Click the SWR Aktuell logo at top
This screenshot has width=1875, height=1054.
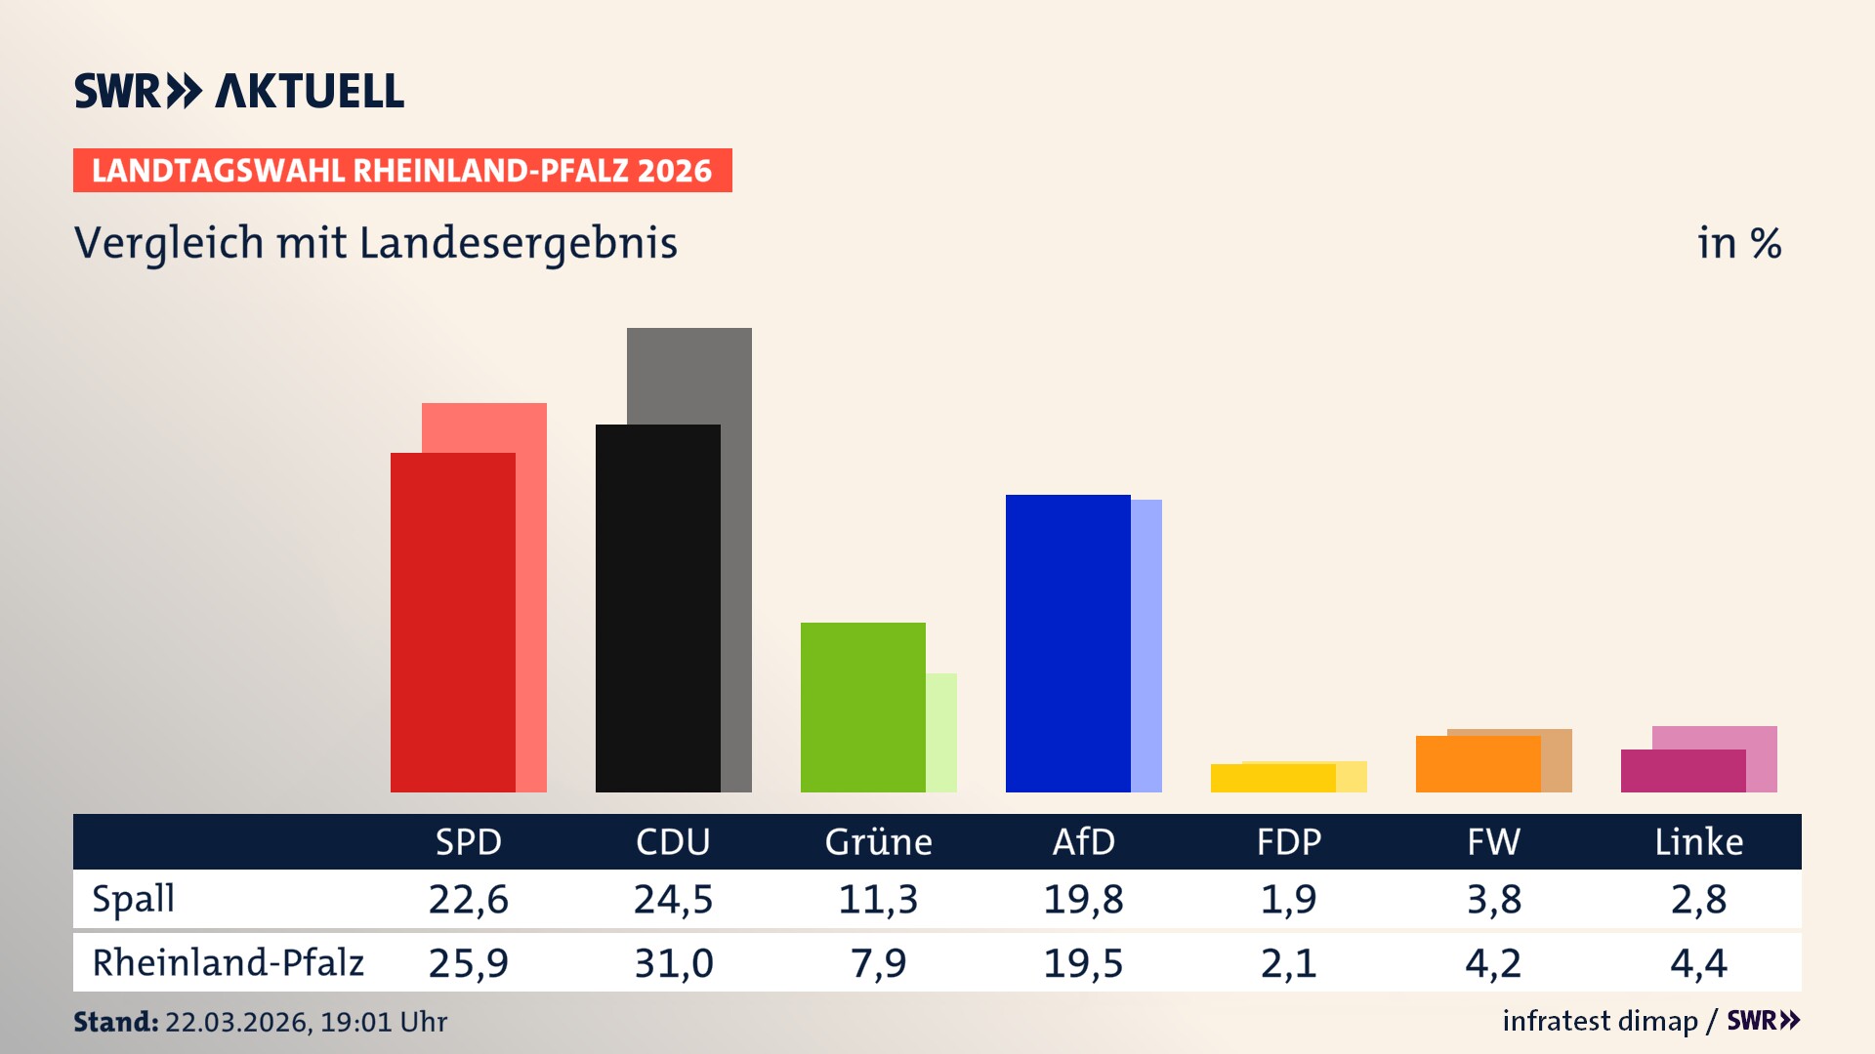239,91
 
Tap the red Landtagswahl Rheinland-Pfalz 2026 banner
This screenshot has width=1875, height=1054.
402,171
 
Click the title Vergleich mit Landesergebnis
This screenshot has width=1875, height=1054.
375,243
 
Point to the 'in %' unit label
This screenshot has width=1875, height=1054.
1738,243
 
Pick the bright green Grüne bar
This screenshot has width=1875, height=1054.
862,707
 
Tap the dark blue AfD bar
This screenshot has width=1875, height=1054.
1067,643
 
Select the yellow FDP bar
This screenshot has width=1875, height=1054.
1272,779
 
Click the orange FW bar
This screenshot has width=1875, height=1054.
1478,764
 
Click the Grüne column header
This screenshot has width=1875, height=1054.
878,842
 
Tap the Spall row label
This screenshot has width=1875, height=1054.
134,899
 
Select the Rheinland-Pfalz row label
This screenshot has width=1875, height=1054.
228,963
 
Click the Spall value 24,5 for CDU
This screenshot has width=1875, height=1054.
673,899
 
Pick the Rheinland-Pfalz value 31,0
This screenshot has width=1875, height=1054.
673,963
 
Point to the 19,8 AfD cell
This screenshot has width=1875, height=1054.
1083,899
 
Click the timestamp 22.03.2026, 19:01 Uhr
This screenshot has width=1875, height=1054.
306,1022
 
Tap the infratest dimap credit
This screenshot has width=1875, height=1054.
1600,1021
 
